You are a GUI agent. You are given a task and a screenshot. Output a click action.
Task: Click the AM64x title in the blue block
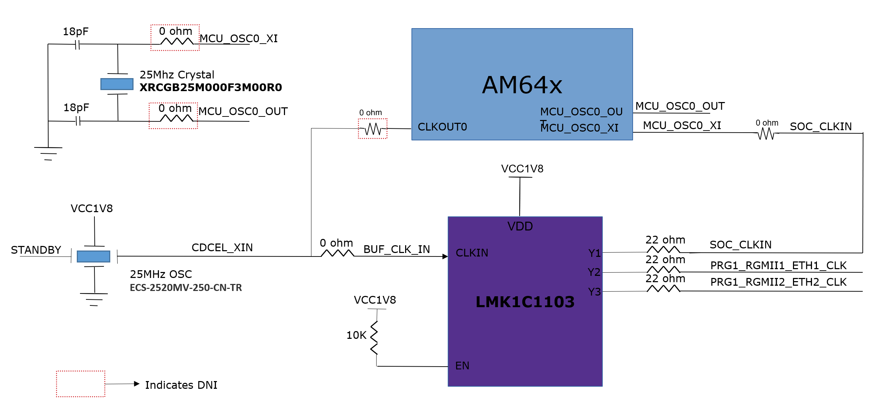[522, 85]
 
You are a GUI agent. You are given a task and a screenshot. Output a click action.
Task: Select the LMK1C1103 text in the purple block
[525, 302]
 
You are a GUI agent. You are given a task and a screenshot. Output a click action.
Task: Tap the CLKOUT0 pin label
[442, 127]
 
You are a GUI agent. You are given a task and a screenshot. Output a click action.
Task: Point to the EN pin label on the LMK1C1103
[462, 366]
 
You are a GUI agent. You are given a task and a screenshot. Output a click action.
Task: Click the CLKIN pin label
[472, 253]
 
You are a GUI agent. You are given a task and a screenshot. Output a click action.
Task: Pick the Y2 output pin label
[594, 272]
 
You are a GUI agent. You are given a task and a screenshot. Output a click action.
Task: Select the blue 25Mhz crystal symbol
[117, 84]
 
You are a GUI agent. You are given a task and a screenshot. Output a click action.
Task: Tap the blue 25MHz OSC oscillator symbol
[93, 256]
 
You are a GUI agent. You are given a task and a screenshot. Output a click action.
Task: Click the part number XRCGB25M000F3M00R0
[211, 87]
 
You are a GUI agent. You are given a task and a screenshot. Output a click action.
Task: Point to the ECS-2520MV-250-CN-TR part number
[186, 288]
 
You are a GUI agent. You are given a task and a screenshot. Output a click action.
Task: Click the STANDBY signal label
[36, 250]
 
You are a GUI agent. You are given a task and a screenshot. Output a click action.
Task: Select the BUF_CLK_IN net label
[397, 249]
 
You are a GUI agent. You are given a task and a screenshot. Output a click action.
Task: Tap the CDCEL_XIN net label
[222, 247]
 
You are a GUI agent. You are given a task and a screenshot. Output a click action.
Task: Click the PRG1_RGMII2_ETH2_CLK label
[778, 282]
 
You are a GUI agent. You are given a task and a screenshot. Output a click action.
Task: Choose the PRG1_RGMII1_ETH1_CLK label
[778, 265]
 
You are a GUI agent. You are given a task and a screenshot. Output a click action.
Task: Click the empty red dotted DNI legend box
[81, 384]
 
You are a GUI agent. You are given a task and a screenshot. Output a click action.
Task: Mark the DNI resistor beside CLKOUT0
[373, 129]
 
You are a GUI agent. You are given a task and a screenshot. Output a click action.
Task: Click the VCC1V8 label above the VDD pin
[522, 169]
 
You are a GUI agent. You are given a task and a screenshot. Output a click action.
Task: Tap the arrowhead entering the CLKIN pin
[445, 256]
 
